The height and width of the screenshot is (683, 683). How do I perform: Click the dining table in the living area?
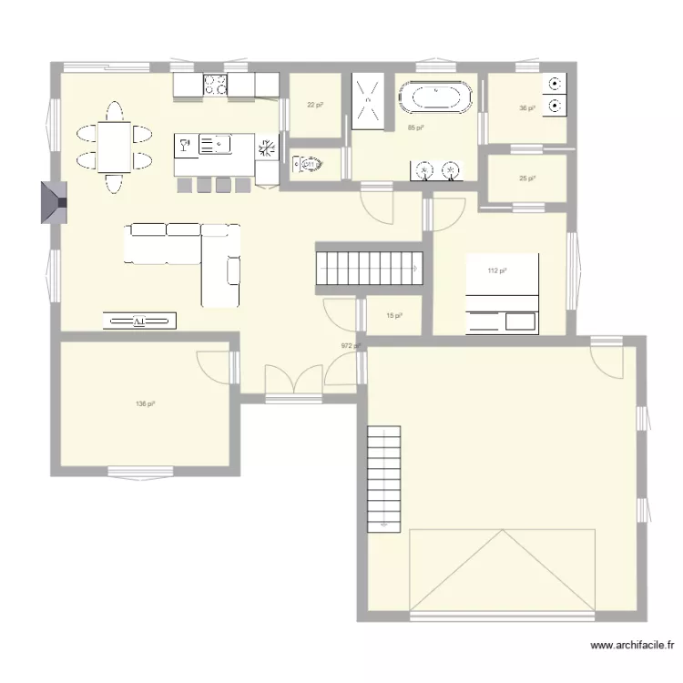114,147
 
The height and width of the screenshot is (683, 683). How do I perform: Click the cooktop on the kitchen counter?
216,85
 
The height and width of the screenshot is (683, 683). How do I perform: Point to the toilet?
308,166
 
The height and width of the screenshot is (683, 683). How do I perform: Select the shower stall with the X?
370,97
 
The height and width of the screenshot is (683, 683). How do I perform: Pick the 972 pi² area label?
351,346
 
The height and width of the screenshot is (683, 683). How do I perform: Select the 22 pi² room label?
315,106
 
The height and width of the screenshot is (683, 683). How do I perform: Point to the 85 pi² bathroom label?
415,127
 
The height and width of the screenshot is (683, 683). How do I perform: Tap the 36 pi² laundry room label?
527,108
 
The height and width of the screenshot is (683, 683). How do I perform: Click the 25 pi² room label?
527,178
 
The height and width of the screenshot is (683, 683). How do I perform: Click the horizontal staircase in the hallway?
370,268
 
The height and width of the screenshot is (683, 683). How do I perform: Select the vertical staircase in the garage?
383,478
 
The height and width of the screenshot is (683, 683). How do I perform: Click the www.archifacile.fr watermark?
632,646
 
